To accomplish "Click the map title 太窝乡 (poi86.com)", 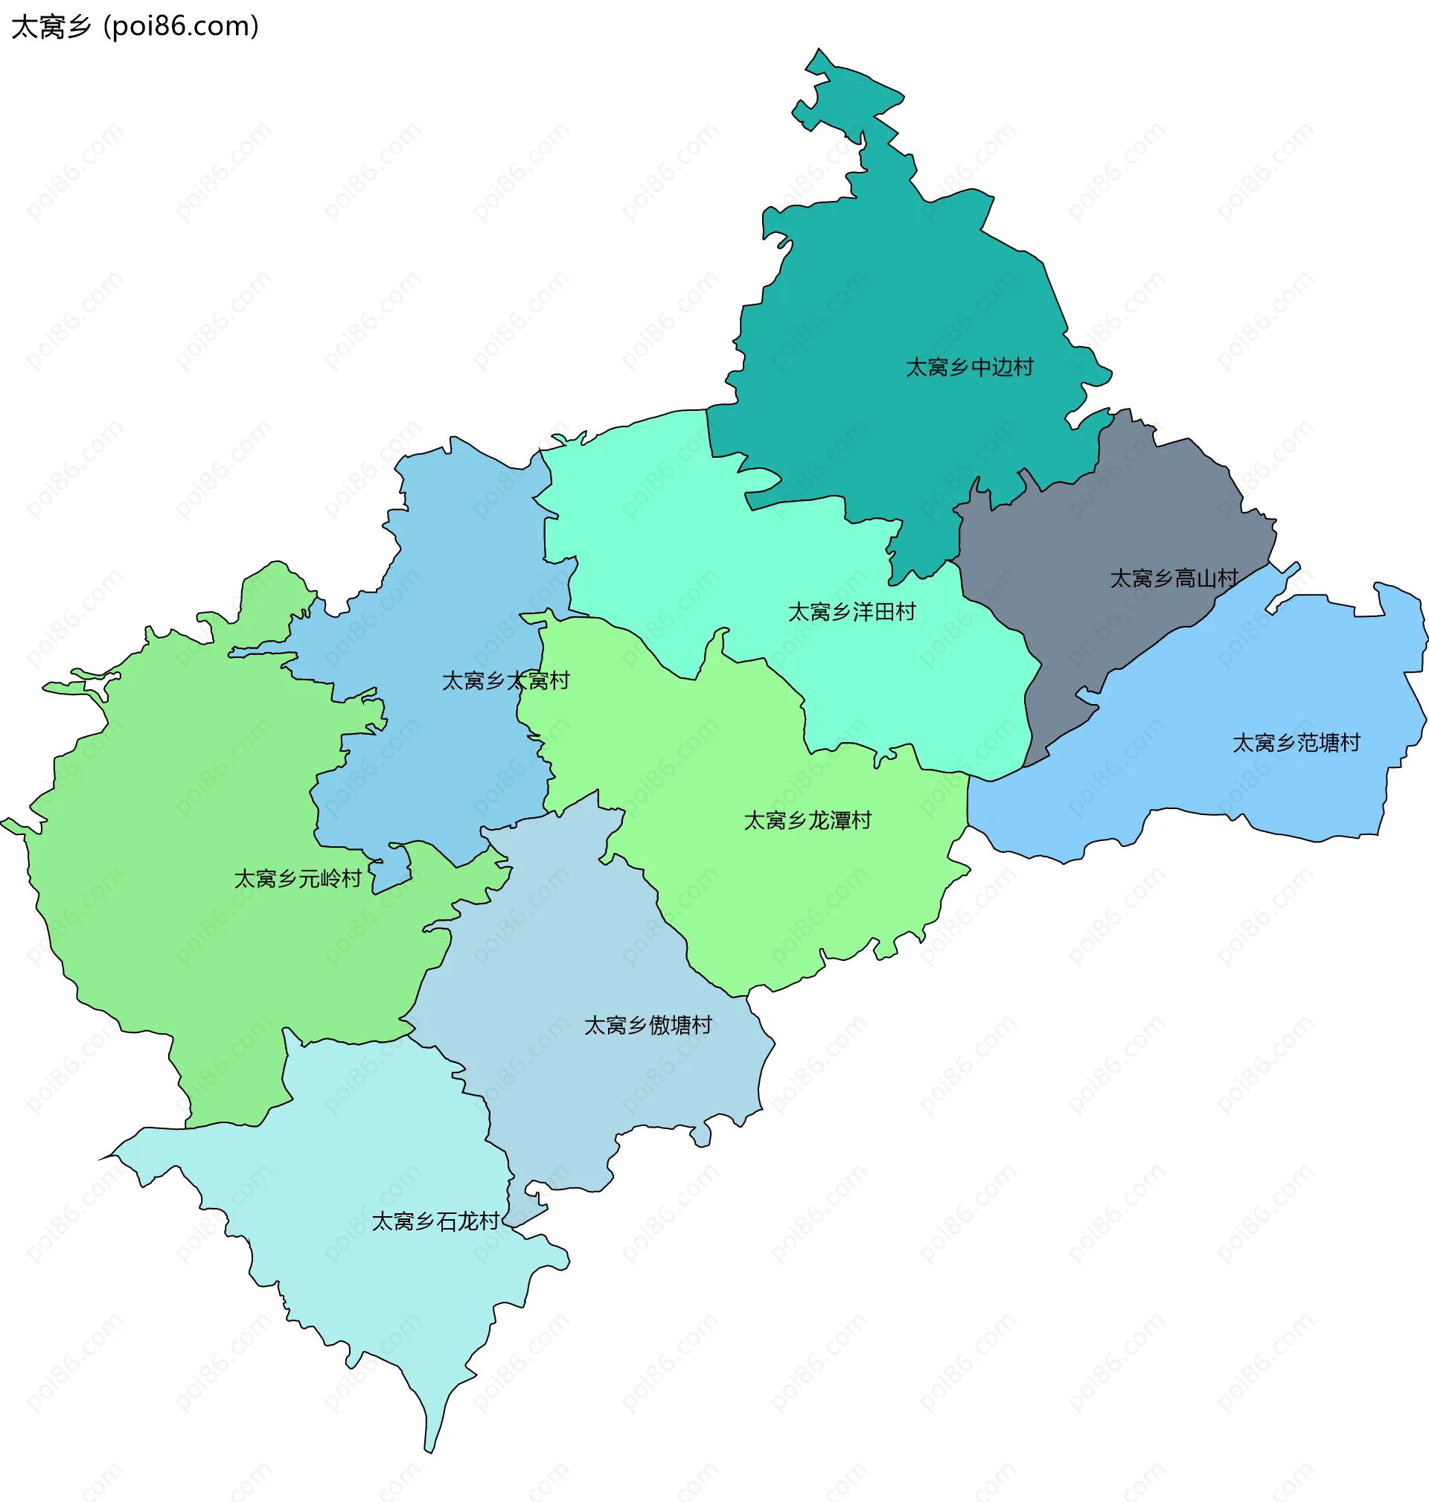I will (x=135, y=27).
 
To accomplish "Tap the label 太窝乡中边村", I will (x=969, y=367).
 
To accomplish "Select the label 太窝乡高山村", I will (x=1173, y=579).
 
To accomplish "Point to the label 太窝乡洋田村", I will (x=851, y=612).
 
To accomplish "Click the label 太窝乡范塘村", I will (x=1296, y=743).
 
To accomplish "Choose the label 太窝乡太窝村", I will (x=506, y=681).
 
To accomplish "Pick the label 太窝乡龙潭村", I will (x=807, y=820).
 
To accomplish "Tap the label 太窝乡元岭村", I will (x=297, y=879).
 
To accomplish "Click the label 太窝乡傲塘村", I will (x=648, y=1025).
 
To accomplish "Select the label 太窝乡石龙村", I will (x=435, y=1221).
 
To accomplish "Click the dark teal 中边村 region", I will (x=899, y=290).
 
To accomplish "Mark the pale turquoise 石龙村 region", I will (x=365, y=1295).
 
